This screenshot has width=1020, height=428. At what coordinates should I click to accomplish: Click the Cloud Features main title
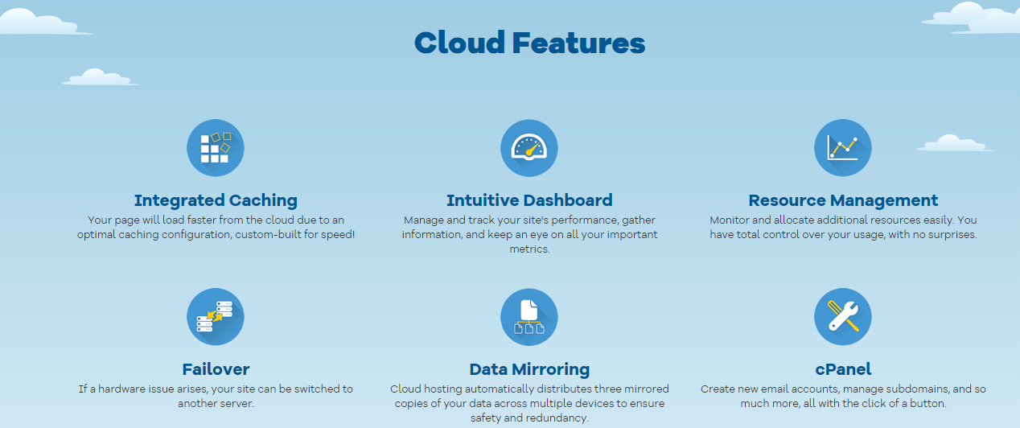pos(529,43)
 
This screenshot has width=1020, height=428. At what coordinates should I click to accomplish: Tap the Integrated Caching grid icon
pos(216,148)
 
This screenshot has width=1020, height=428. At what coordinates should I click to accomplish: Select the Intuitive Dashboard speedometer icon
pos(529,148)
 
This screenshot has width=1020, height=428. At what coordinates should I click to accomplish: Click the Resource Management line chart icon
pos(843,148)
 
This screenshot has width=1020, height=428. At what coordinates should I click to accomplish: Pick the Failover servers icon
pos(216,317)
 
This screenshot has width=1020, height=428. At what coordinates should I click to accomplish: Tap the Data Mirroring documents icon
pos(529,317)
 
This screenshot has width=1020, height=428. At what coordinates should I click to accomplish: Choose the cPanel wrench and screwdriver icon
pos(843,317)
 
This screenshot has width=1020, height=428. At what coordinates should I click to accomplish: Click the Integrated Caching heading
pos(216,200)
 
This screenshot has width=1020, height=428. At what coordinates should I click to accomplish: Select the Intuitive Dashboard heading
pos(529,200)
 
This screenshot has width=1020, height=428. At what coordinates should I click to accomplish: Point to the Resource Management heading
pos(843,200)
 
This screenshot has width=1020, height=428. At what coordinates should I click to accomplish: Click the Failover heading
pos(216,369)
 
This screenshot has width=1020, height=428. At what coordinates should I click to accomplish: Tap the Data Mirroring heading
pos(529,369)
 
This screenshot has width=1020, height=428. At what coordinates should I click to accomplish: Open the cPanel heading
pos(843,369)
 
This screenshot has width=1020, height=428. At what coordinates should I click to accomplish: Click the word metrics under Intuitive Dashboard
pos(529,249)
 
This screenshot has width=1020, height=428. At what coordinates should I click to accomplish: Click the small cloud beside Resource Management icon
pos(955,143)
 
